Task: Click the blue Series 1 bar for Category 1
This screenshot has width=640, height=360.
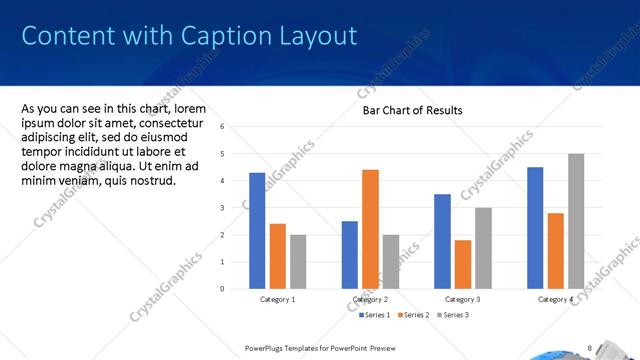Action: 257,230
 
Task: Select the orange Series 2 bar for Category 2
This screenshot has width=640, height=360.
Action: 370,229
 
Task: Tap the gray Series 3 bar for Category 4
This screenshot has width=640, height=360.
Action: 576,221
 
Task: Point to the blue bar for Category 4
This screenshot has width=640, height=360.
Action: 535,228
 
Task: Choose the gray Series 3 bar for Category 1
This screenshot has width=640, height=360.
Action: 298,261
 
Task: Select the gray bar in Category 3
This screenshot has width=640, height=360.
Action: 483,248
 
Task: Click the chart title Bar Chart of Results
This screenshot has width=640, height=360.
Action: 412,110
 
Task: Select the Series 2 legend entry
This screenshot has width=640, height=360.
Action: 416,315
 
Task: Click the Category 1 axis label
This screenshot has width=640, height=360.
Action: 277,299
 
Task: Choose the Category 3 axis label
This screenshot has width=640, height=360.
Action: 463,299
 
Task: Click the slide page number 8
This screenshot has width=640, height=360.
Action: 589,348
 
